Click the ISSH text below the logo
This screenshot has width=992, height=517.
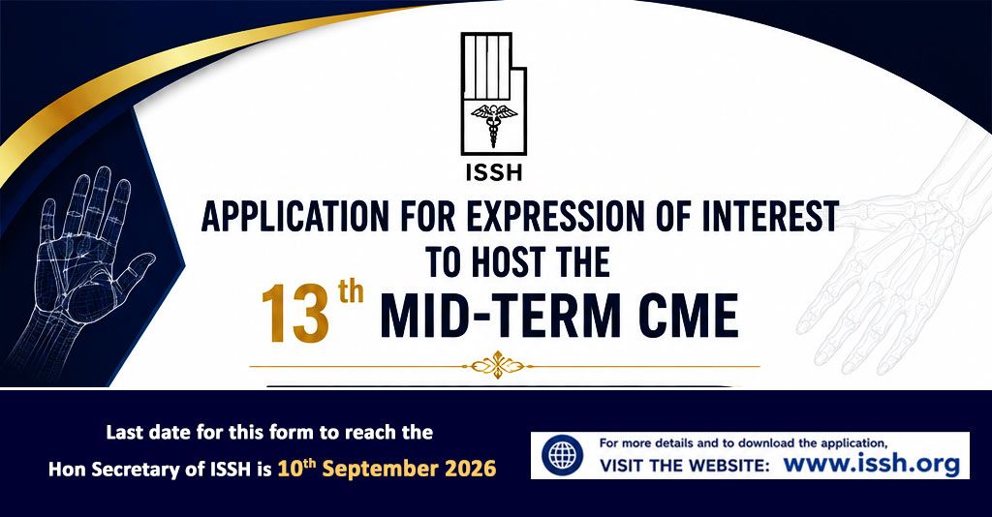pyautogui.click(x=493, y=172)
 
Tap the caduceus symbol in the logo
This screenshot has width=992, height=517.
pyautogui.click(x=494, y=123)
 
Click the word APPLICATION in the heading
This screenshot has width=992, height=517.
pyautogui.click(x=295, y=217)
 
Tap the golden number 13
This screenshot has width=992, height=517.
pyautogui.click(x=296, y=314)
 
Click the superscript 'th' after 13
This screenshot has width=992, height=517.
pyautogui.click(x=351, y=292)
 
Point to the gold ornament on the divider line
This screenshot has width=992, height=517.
pyautogui.click(x=497, y=365)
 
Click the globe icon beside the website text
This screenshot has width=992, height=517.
pyautogui.click(x=563, y=455)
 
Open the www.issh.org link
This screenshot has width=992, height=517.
pyautogui.click(x=871, y=465)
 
